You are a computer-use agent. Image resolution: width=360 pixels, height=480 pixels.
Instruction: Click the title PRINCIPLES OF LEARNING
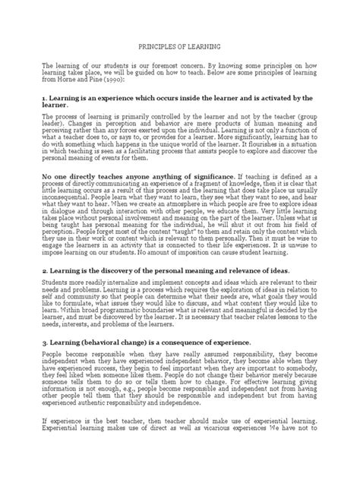[x=179, y=46]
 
